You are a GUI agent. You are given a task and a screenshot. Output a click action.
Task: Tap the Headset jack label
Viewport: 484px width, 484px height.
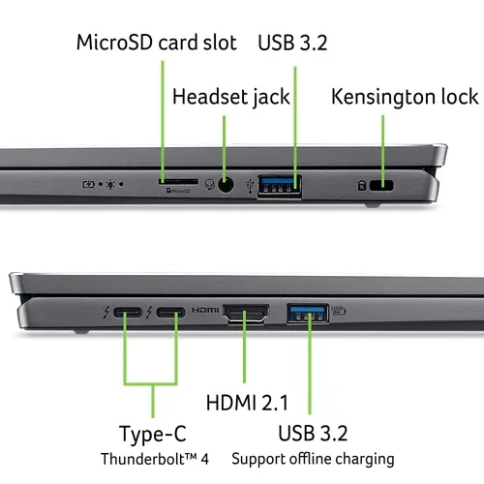231,96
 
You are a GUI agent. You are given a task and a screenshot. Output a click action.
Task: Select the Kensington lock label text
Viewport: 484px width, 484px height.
405,96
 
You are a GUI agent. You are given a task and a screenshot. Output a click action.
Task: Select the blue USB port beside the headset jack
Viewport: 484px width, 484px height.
279,183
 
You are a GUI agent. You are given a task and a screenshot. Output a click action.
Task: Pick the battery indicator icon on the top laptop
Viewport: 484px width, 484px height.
92,182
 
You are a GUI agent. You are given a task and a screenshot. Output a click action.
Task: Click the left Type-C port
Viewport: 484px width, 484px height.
126,314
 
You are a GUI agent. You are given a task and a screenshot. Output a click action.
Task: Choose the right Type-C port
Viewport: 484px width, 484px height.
170,314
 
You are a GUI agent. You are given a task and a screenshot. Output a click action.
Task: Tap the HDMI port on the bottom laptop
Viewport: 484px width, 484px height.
247,314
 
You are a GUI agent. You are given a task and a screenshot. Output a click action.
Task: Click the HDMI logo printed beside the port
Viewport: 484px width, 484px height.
205,314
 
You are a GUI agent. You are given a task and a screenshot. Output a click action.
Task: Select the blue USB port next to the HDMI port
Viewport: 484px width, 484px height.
308,313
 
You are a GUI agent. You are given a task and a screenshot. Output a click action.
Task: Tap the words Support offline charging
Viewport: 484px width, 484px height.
313,458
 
